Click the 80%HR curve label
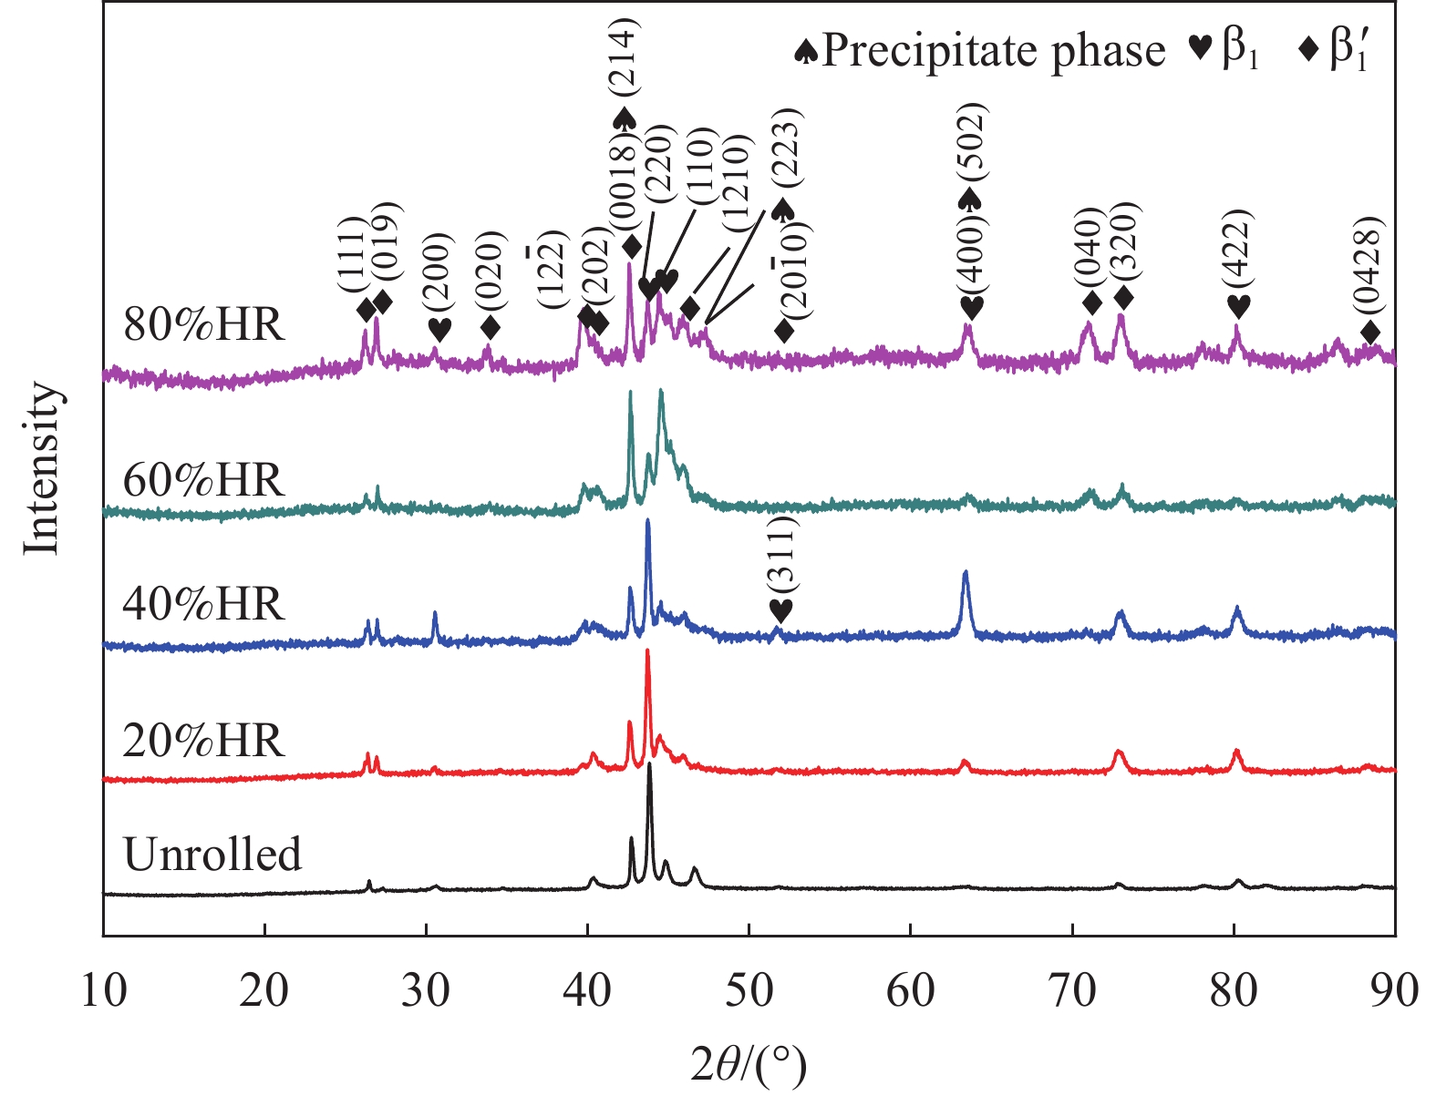(x=204, y=324)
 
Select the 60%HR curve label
(x=204, y=480)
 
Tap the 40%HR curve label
(x=204, y=604)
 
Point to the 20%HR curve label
(x=204, y=742)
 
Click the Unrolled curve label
(x=212, y=855)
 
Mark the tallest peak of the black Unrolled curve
(x=649, y=765)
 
